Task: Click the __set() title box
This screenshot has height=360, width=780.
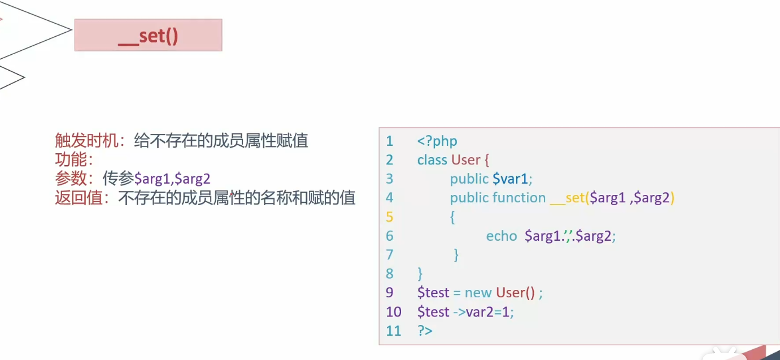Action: (x=148, y=35)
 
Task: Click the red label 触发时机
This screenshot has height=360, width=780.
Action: (x=88, y=141)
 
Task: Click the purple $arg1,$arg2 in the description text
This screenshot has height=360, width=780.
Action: (x=172, y=179)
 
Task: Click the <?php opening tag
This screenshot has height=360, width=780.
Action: (x=437, y=141)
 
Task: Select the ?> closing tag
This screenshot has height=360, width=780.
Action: (x=425, y=331)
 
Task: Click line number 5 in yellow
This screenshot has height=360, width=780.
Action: (x=389, y=216)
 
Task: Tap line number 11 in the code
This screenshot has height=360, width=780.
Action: (x=393, y=331)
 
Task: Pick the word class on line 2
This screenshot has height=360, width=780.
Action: (x=432, y=160)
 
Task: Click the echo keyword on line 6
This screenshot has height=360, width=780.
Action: (x=502, y=236)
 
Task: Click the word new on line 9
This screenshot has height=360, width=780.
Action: (x=478, y=293)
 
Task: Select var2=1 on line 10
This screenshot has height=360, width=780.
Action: (x=489, y=311)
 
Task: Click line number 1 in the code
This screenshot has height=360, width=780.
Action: (x=389, y=141)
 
